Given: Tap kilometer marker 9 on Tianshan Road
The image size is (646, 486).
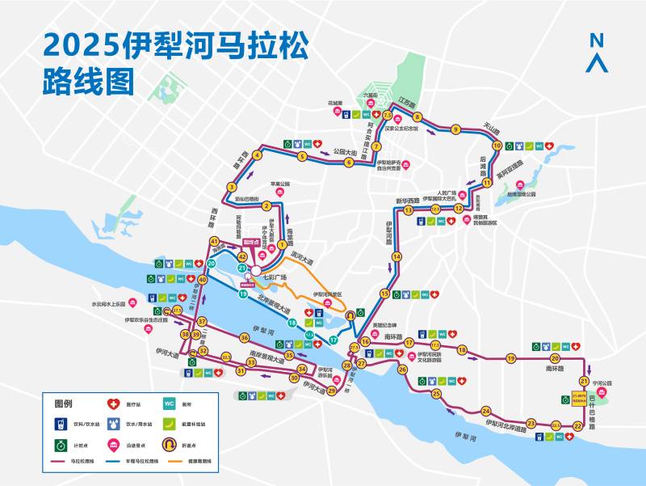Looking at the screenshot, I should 455,129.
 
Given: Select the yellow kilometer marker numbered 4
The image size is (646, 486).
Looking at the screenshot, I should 257,155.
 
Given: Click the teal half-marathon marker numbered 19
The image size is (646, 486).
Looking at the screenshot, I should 242,294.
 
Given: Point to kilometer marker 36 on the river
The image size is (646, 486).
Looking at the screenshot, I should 244,337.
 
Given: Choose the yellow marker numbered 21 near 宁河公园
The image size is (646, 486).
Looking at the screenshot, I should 583,381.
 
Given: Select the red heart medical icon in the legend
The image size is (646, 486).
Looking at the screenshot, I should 114,404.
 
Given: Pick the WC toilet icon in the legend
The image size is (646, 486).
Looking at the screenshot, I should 170,404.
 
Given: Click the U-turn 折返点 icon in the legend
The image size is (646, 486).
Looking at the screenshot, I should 170,443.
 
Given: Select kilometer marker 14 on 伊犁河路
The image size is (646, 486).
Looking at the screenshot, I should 396,256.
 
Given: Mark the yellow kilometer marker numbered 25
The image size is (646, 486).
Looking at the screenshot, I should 436,394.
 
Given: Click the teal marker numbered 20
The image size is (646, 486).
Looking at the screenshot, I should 212,264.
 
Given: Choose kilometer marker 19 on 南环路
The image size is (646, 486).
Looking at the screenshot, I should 510,358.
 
